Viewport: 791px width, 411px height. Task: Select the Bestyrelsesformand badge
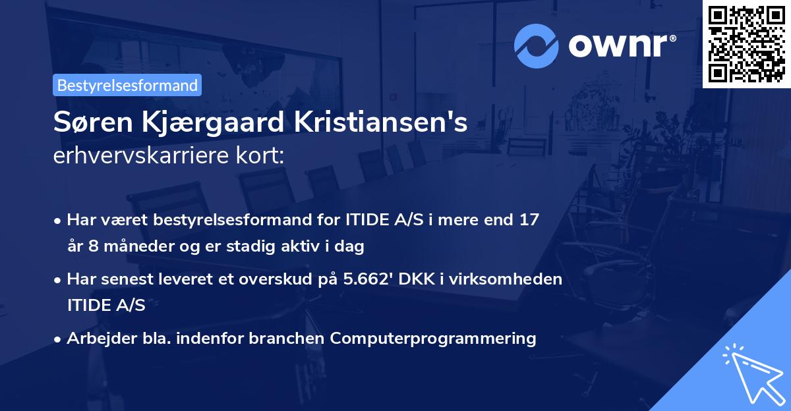click(127, 85)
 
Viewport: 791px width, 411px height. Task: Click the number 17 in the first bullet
click(529, 220)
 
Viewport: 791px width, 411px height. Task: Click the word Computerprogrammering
click(433, 339)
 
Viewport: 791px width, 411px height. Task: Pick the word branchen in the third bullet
click(290, 339)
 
